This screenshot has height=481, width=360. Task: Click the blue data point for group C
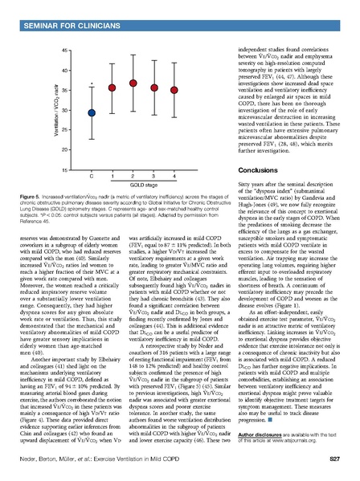[x=92, y=113]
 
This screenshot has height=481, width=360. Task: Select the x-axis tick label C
[x=92, y=176]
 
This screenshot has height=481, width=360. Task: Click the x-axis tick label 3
[x=154, y=176]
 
